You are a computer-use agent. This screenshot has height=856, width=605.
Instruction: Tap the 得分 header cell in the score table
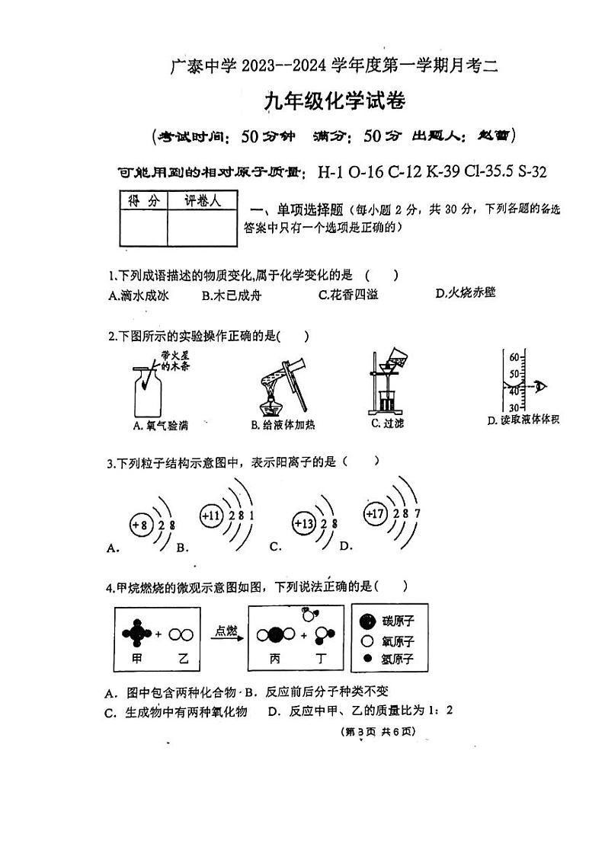pos(142,200)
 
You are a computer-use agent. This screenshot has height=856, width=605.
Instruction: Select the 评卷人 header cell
pos(202,200)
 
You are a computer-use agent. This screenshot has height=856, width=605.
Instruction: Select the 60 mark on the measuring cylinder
pos(514,357)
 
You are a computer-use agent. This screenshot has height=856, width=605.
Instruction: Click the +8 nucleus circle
pos(139,525)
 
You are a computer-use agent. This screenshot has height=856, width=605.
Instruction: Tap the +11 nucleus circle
pos(211,516)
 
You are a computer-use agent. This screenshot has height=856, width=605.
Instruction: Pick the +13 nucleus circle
pos(304,523)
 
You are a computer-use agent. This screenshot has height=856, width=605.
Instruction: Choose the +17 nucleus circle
pos(375,513)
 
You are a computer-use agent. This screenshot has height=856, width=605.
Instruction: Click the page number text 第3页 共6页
pos(377,732)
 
